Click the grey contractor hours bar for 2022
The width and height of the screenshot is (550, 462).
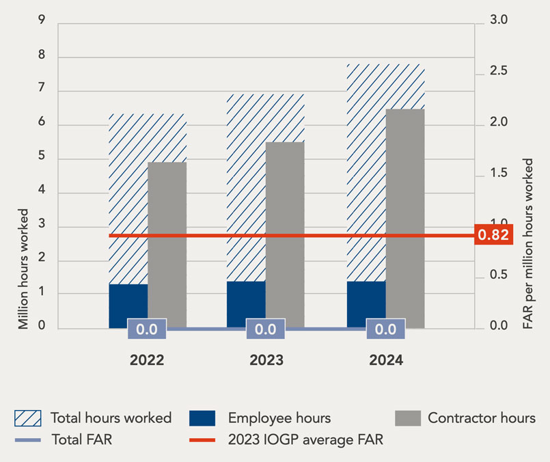167,245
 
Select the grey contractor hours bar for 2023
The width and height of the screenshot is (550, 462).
285,234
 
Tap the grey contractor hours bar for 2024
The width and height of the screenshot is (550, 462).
405,218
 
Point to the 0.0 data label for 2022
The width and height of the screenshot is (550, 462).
147,329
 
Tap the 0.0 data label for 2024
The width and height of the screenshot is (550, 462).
385,329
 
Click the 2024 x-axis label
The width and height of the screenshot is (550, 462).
385,360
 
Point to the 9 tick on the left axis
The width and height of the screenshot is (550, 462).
42,22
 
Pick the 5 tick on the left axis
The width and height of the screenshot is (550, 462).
42,159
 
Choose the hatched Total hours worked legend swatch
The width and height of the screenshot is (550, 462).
28,418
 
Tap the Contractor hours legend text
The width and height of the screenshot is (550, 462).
482,418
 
